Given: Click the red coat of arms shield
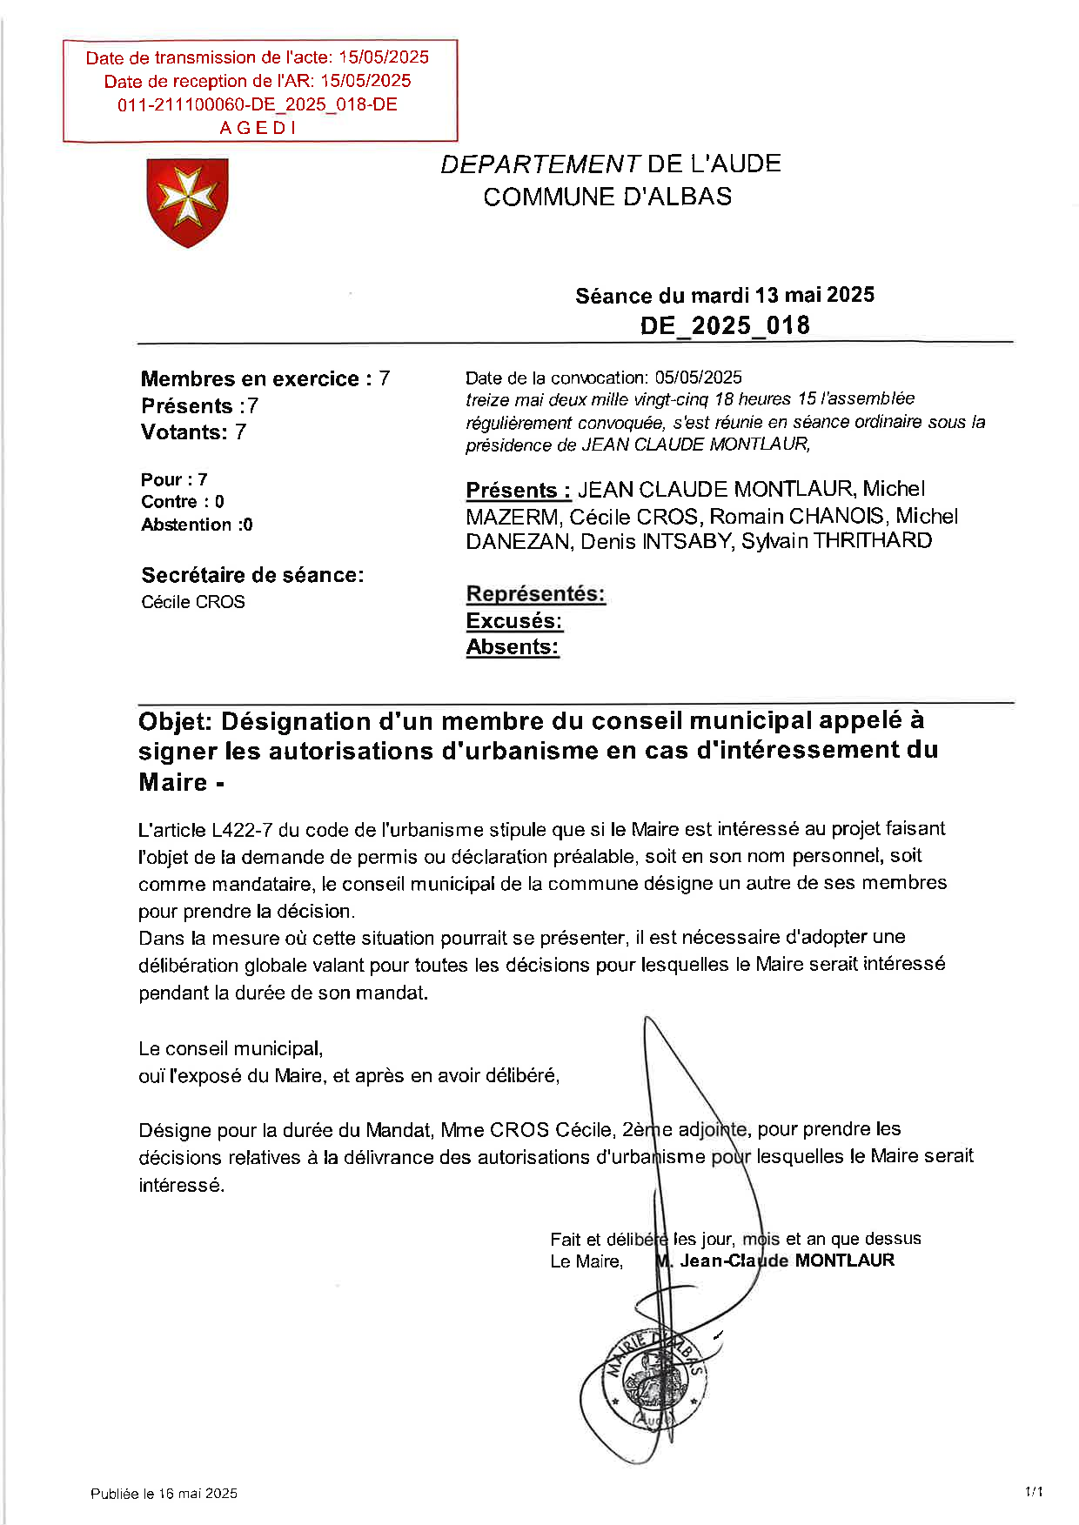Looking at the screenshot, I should [x=187, y=201].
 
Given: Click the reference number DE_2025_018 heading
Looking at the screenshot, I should [x=725, y=325].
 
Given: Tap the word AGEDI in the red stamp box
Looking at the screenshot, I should [x=258, y=128].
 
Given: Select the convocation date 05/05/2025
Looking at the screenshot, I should [x=698, y=378].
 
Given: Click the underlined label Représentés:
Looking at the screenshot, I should [x=535, y=594].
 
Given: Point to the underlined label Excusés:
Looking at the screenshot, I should [x=514, y=621].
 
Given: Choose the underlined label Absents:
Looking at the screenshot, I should [x=513, y=647].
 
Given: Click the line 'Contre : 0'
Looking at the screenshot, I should [x=183, y=502].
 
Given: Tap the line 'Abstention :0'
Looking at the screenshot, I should [x=197, y=525].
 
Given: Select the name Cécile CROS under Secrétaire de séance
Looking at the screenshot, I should [x=193, y=602].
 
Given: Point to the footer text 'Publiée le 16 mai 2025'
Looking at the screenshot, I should [x=164, y=1493].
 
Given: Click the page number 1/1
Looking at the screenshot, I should [x=1034, y=1492].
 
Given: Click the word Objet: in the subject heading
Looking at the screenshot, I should [x=176, y=722].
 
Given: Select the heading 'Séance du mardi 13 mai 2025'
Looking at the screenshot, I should [x=724, y=296].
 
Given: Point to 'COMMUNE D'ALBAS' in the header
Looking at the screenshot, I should [x=607, y=197].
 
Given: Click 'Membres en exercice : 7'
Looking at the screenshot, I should [x=265, y=379].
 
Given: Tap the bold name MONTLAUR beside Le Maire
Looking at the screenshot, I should [x=844, y=1261].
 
